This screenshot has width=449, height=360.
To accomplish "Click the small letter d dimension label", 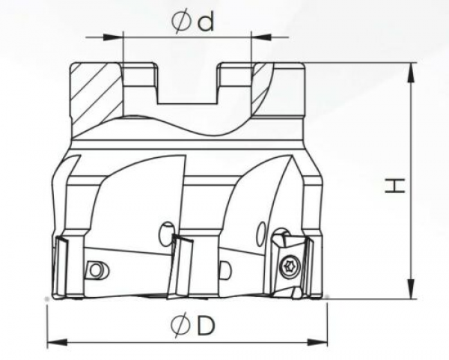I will click(205, 22).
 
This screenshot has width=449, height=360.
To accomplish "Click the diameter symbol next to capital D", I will click(180, 326).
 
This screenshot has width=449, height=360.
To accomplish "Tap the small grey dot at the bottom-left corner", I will click(47, 299).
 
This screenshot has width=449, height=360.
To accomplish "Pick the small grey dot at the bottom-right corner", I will click(327, 299).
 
